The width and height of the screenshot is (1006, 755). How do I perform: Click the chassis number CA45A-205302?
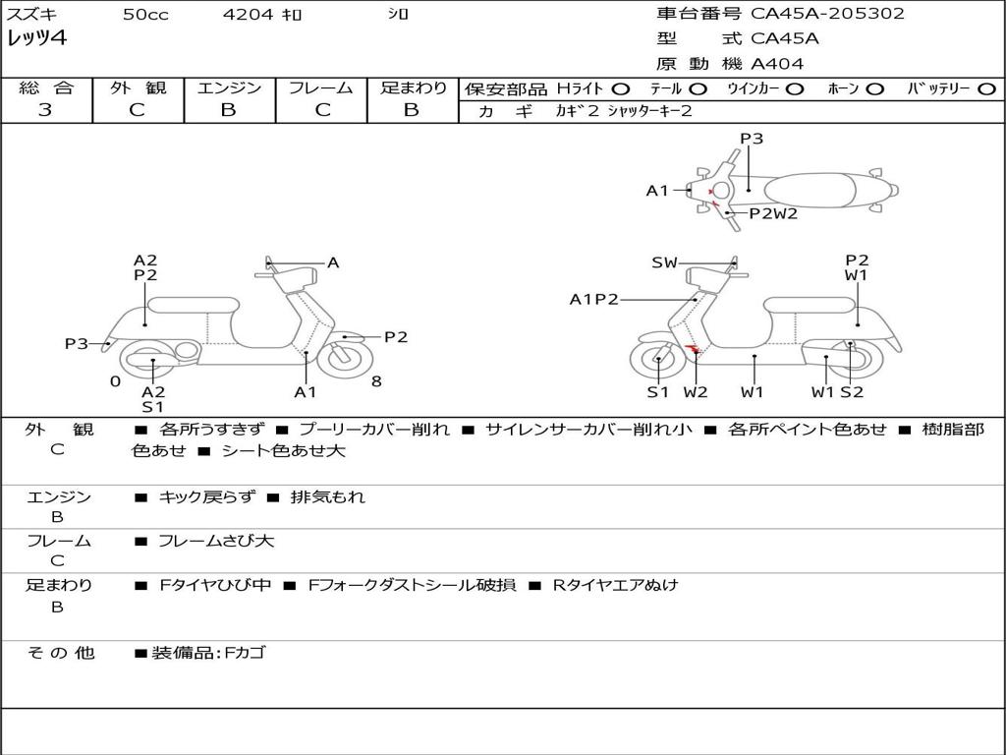827,14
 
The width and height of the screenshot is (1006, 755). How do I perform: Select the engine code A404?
777,64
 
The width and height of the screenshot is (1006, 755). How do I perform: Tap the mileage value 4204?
248,15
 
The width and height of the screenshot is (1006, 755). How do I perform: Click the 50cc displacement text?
145,15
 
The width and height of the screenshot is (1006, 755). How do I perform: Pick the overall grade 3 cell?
45,110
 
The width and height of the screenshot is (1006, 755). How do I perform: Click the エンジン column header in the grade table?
229,87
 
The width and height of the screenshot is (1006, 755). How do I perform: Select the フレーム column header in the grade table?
321,87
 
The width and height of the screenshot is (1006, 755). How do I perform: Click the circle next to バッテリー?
986,88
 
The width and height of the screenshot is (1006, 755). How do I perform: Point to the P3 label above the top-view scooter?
752,139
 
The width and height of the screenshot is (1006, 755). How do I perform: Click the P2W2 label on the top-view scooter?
773,213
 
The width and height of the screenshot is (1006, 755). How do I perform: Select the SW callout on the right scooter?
664,262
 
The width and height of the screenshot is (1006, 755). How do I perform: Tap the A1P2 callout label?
594,300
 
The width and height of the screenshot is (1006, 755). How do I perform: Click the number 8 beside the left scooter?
376,381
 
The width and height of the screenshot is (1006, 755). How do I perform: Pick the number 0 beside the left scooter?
115,381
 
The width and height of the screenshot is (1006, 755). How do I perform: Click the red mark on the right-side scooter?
694,349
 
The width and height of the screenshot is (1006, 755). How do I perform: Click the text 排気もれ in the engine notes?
328,497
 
